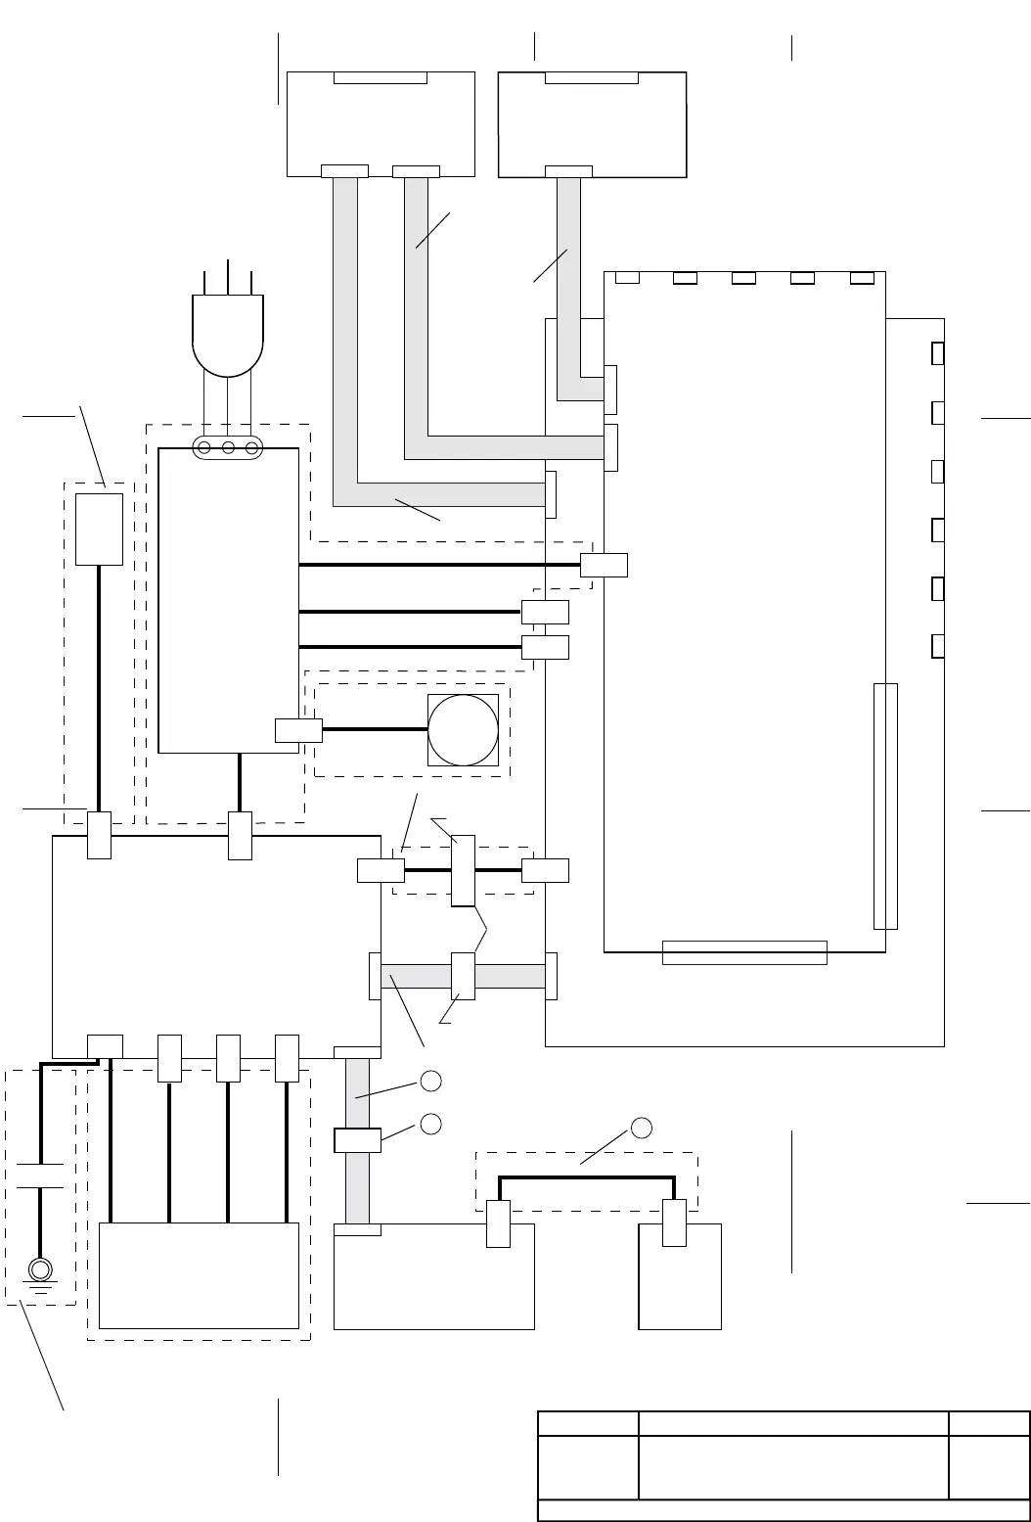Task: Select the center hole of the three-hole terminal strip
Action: click(228, 448)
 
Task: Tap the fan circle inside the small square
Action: click(464, 730)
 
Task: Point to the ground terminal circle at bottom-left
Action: click(40, 1269)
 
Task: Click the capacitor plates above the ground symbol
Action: click(40, 1176)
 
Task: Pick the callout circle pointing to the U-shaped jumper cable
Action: click(642, 1128)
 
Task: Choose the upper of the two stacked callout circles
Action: click(430, 1081)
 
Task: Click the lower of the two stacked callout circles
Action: click(430, 1123)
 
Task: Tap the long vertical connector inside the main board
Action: click(885, 806)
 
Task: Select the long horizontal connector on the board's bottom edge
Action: click(744, 952)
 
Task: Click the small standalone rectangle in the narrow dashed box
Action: click(99, 529)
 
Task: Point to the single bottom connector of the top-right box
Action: click(568, 171)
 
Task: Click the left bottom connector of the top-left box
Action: click(344, 171)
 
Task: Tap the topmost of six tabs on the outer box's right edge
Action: click(938, 353)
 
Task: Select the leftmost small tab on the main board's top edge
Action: click(627, 278)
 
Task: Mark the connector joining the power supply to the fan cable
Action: click(298, 730)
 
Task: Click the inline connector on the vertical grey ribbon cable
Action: click(357, 1140)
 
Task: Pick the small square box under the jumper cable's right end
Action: click(680, 1275)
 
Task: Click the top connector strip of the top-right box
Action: click(592, 78)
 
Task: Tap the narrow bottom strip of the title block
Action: click(784, 1510)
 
